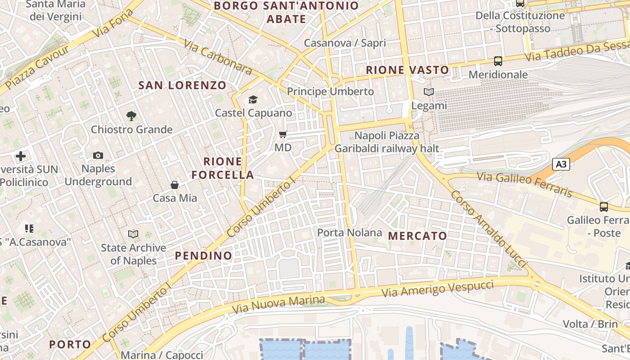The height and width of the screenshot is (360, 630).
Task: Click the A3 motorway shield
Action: [x=561, y=164]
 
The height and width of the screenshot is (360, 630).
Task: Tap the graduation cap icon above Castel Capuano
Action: [x=253, y=99]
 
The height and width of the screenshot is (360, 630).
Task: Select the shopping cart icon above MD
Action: [x=283, y=134]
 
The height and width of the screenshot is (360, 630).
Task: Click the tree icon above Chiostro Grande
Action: [x=131, y=116]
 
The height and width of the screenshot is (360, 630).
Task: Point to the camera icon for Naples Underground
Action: [x=98, y=156]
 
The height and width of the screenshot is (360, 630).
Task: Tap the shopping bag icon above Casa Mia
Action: [x=175, y=184]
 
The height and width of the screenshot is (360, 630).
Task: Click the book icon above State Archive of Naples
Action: [x=133, y=234]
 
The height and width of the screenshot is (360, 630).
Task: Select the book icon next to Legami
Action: [x=429, y=92]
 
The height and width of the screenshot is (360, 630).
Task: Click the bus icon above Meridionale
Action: [x=498, y=61]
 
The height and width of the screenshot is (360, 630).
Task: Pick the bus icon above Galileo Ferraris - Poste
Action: [x=604, y=207]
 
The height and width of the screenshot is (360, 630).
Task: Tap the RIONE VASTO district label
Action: [x=407, y=70]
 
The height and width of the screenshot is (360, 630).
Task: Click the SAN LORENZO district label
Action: [x=182, y=85]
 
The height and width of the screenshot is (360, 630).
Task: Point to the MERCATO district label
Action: [x=418, y=236]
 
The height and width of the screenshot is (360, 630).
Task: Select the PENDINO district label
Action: [x=203, y=256]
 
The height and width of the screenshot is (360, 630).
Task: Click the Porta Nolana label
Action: [x=350, y=233]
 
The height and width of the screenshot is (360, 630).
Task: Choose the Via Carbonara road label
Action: [x=218, y=57]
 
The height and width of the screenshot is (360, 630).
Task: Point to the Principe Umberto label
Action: [x=330, y=91]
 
